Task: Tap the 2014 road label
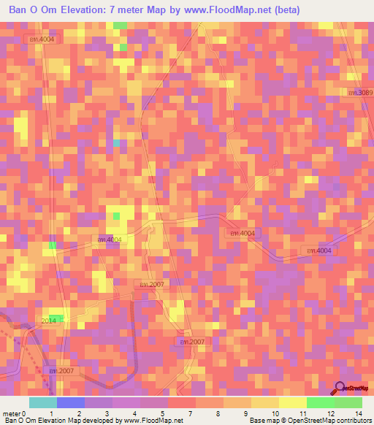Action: click(x=49, y=321)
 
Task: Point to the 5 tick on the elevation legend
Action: click(x=162, y=413)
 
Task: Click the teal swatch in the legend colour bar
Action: click(x=43, y=402)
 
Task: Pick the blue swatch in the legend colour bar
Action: click(x=71, y=402)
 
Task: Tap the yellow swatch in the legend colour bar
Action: click(x=292, y=402)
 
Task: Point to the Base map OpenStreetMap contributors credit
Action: click(x=310, y=421)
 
